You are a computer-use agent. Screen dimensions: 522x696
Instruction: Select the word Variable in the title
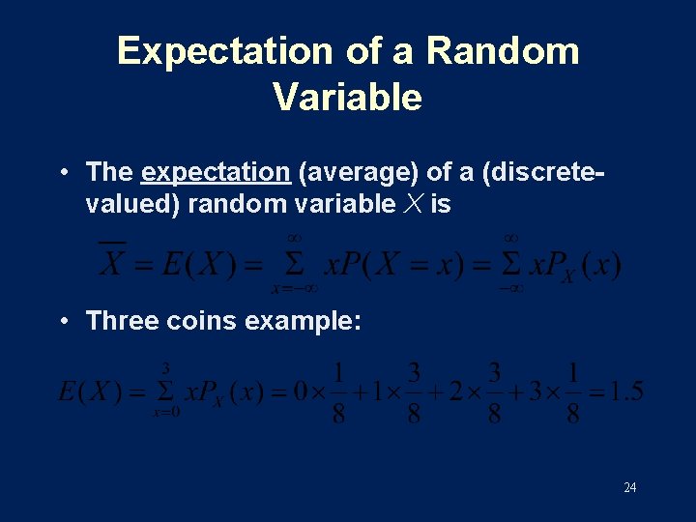tap(347, 97)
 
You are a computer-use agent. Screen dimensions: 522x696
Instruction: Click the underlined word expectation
tap(216, 173)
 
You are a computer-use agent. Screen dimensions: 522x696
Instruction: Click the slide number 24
tap(629, 487)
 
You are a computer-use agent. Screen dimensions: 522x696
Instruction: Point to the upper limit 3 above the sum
tap(166, 368)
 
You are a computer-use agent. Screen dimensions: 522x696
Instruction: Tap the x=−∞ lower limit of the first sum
tap(295, 287)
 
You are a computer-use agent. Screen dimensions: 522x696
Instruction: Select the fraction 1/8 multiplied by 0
tap(337, 391)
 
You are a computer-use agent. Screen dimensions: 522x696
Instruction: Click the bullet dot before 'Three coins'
tap(63, 321)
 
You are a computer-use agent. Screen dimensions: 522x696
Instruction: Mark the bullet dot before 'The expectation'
tap(63, 173)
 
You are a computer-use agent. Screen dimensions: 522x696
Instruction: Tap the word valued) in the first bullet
tap(133, 204)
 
